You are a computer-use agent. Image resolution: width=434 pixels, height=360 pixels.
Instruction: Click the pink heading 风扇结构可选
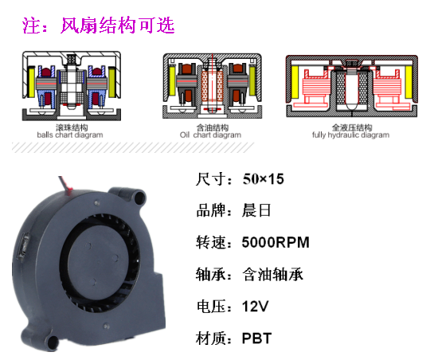pyautogui.click(x=117, y=25)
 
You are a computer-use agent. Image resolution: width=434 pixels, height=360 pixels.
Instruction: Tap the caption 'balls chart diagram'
pyautogui.click(x=70, y=135)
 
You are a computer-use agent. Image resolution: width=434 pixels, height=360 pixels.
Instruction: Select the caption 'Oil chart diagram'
pyautogui.click(x=210, y=135)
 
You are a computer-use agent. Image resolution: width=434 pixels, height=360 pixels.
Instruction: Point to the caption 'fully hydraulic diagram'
pyautogui.click(x=350, y=135)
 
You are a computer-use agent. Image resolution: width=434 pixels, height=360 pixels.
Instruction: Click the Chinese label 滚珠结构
pyautogui.click(x=72, y=127)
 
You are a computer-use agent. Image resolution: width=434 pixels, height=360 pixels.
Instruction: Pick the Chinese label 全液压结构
pyautogui.click(x=352, y=127)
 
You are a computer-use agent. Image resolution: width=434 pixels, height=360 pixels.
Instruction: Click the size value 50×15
pyautogui.click(x=264, y=179)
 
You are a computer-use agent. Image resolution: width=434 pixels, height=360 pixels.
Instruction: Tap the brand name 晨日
pyautogui.click(x=256, y=210)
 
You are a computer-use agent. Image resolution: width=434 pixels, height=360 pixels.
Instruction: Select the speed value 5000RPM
pyautogui.click(x=276, y=242)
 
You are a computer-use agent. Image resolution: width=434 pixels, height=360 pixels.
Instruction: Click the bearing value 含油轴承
pyautogui.click(x=272, y=275)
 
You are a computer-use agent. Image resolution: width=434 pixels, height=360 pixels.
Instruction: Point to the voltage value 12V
pyautogui.click(x=255, y=307)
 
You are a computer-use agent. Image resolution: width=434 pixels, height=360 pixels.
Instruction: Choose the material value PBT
pyautogui.click(x=256, y=338)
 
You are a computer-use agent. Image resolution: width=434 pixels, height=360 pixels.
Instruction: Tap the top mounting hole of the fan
pyautogui.click(x=139, y=198)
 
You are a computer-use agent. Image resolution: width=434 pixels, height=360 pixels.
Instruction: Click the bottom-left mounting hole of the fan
pyautogui.click(x=52, y=342)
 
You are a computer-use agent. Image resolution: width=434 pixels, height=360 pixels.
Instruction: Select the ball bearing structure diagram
pyautogui.click(x=72, y=86)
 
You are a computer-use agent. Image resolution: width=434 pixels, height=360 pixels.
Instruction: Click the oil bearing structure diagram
pyautogui.click(x=213, y=86)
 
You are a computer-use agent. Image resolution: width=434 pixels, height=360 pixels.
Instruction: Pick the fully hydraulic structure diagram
pyautogui.click(x=352, y=86)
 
